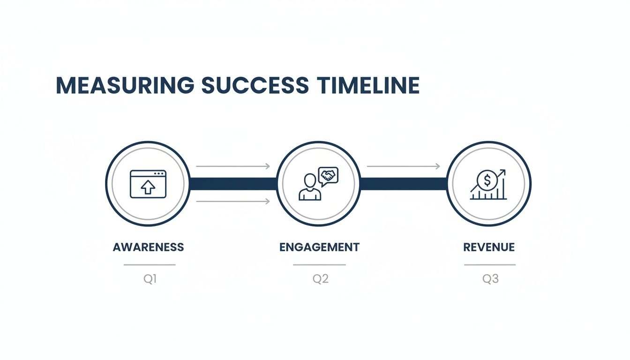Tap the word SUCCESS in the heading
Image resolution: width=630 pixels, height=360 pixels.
tap(255, 85)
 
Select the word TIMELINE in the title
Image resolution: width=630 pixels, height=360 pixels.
tap(368, 85)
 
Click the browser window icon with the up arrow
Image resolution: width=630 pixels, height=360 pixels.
tap(148, 184)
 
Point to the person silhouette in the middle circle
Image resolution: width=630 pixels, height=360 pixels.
tap(310, 187)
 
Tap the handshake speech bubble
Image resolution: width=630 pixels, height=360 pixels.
tap(328, 176)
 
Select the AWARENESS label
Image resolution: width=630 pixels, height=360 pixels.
tap(149, 247)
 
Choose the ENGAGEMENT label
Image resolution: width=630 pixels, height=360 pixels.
tap(319, 247)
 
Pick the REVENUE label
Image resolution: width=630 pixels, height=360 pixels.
tap(489, 247)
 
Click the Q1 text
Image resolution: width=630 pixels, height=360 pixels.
tap(150, 279)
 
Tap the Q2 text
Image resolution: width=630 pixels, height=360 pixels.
tap(321, 279)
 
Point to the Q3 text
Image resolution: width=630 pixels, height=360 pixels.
tap(490, 279)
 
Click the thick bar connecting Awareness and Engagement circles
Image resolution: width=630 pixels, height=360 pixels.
tap(233, 184)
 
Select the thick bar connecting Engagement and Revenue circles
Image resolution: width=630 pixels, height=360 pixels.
tap(404, 184)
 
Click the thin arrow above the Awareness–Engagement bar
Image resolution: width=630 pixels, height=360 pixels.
tap(233, 166)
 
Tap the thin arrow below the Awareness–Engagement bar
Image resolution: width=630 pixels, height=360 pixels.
tap(233, 202)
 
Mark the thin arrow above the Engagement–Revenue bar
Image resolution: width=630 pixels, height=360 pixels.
tap(403, 166)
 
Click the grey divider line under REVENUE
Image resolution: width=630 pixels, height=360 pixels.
tap(490, 265)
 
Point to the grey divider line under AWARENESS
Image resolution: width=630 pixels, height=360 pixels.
tap(150, 265)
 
